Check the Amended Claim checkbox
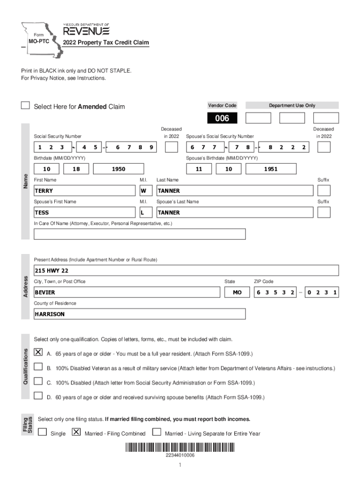point(25,106)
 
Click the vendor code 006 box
point(222,118)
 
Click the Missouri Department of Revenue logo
point(86,31)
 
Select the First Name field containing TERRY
point(84,191)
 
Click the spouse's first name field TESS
point(84,212)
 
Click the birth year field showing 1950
point(118,169)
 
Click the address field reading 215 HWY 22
point(186,271)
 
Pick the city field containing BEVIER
point(126,292)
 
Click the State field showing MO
point(238,292)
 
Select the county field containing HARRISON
point(139,314)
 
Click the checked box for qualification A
point(38,352)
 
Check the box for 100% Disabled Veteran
point(38,367)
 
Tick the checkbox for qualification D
point(38,396)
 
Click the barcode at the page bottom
point(180,447)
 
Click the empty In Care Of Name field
point(139,234)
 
